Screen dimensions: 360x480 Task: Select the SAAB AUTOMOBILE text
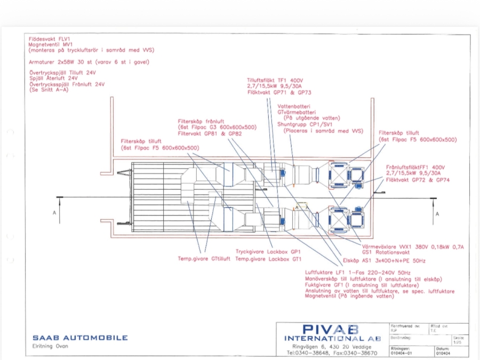(80, 338)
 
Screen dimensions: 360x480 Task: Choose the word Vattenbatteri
(294, 106)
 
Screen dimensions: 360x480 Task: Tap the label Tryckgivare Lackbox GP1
(269, 251)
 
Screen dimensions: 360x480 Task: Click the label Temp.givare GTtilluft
(204, 259)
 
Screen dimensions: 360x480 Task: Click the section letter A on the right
(437, 213)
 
